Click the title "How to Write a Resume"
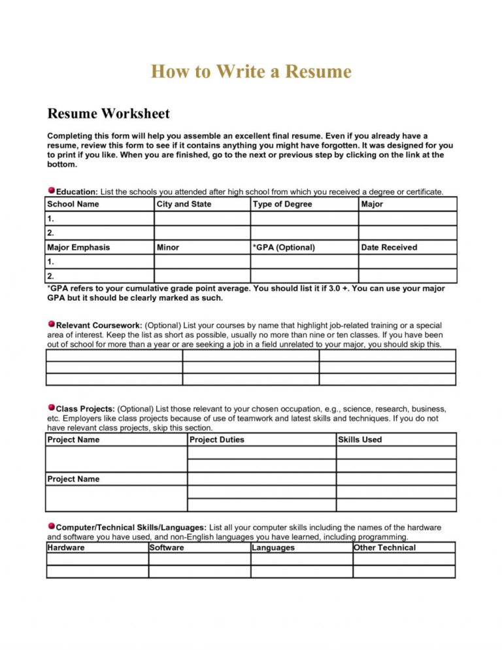(x=251, y=71)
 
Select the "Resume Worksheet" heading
(x=109, y=114)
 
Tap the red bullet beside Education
(x=51, y=190)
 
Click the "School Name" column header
(x=73, y=204)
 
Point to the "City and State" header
(x=184, y=204)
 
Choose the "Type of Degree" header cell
(x=282, y=204)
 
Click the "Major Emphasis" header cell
(x=78, y=247)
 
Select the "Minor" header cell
(x=168, y=247)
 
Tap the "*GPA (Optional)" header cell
(x=284, y=247)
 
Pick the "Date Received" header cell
(x=389, y=247)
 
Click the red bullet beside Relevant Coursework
(x=51, y=324)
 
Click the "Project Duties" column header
(x=217, y=439)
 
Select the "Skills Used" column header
(x=360, y=439)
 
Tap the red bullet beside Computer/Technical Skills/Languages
(x=51, y=526)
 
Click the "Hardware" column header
(x=66, y=547)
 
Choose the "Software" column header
(x=167, y=547)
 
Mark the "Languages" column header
(x=273, y=547)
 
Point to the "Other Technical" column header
(x=385, y=547)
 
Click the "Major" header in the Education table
(x=372, y=204)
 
